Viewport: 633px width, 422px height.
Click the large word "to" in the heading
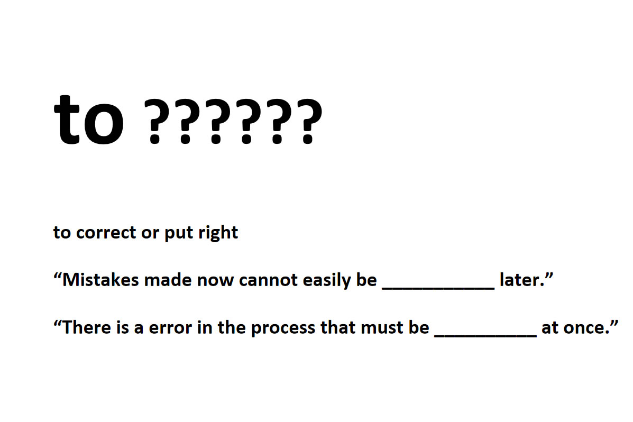point(88,120)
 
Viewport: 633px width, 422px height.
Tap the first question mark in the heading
point(155,121)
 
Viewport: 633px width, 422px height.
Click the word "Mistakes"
point(100,279)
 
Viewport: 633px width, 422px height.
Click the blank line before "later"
point(438,288)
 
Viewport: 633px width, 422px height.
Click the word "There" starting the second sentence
point(87,327)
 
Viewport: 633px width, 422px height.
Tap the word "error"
point(170,328)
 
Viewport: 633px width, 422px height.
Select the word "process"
point(283,328)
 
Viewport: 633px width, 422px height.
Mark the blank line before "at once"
point(485,336)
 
